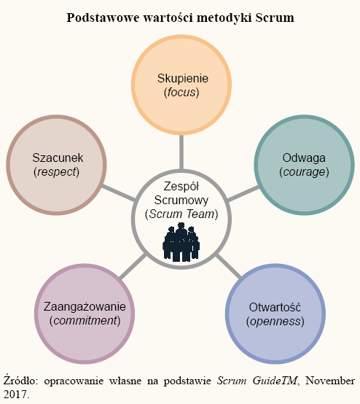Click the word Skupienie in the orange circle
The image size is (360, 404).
pyautogui.click(x=183, y=79)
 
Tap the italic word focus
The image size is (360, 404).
pyautogui.click(x=181, y=92)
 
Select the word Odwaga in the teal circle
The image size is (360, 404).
pyautogui.click(x=304, y=158)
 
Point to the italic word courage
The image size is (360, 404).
pyautogui.click(x=304, y=172)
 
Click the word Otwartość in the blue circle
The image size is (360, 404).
pyautogui.click(x=275, y=307)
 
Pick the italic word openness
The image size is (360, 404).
pyautogui.click(x=275, y=322)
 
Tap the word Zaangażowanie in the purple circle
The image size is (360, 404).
pyautogui.click(x=85, y=307)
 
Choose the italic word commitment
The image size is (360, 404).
pyautogui.click(x=85, y=321)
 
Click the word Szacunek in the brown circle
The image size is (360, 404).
pyautogui.click(x=58, y=158)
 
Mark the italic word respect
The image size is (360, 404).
pyautogui.click(x=56, y=172)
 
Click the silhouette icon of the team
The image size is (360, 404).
pyautogui.click(x=181, y=242)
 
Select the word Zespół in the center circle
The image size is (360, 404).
pyautogui.click(x=181, y=186)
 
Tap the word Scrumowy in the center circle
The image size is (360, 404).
pyautogui.click(x=181, y=201)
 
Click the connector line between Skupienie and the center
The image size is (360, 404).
pyautogui.click(x=181, y=152)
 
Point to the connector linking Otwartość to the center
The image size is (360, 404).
pyautogui.click(x=228, y=267)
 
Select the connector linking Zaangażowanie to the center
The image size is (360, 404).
pyautogui.click(x=133, y=267)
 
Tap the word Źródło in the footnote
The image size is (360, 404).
pyautogui.click(x=20, y=381)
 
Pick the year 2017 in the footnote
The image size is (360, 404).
pyautogui.click(x=15, y=395)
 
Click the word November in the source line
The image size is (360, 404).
pyautogui.click(x=330, y=381)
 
